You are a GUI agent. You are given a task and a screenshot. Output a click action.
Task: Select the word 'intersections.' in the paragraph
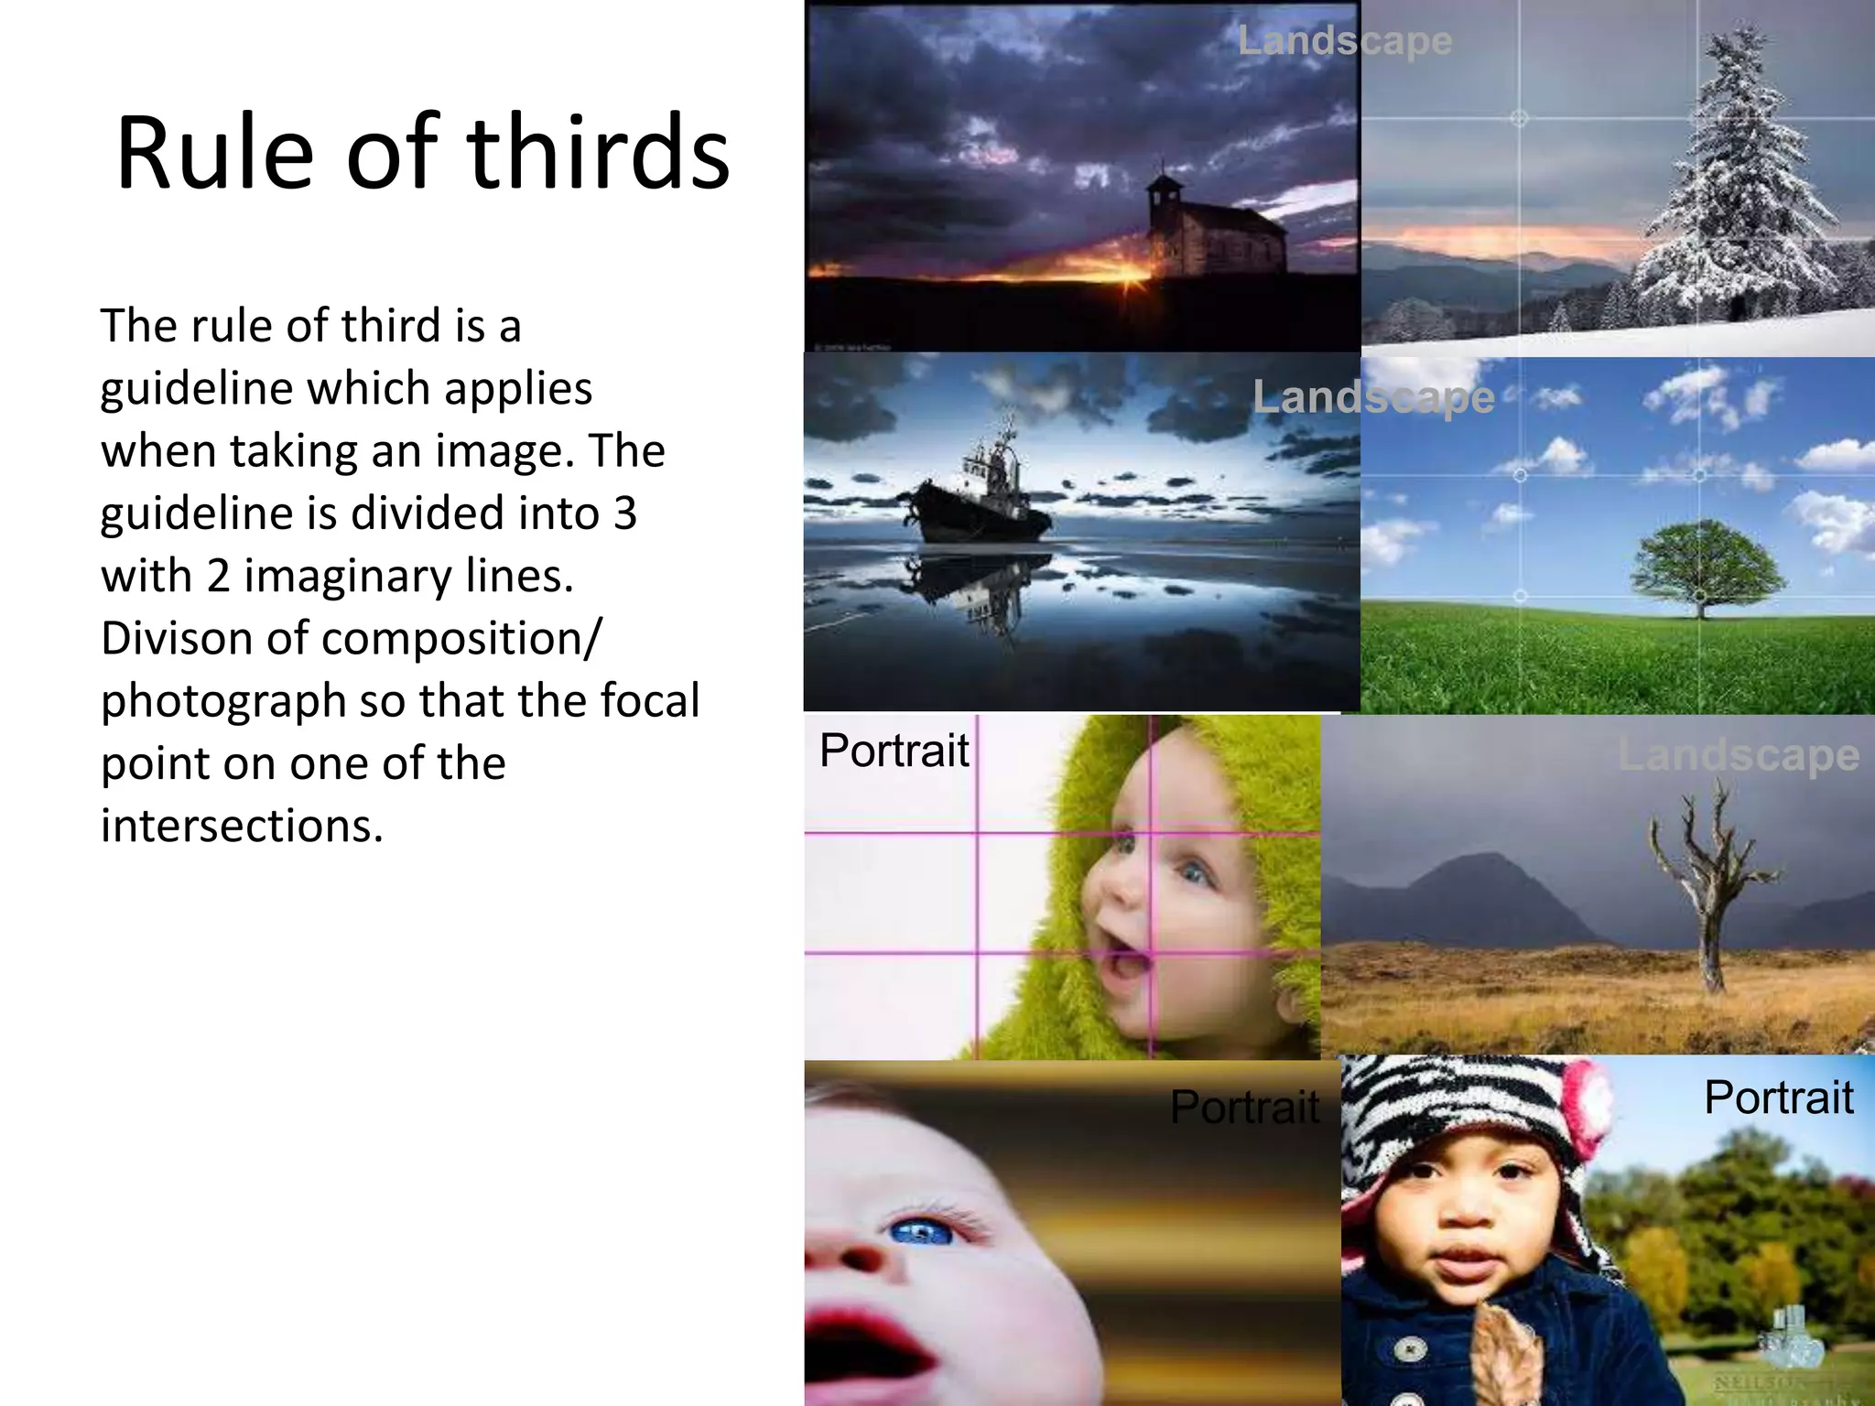coord(242,826)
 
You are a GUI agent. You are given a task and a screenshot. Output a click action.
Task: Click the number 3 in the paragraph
coord(625,514)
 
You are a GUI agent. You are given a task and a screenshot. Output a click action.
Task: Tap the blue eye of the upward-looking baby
coord(920,1232)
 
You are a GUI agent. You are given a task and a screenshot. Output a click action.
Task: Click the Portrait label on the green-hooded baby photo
coord(894,751)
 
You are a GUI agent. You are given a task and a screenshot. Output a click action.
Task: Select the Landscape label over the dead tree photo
coord(1738,756)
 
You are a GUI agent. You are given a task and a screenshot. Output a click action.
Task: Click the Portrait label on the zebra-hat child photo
coord(1778,1097)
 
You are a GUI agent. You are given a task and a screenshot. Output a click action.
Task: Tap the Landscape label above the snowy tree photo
coord(1344,41)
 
